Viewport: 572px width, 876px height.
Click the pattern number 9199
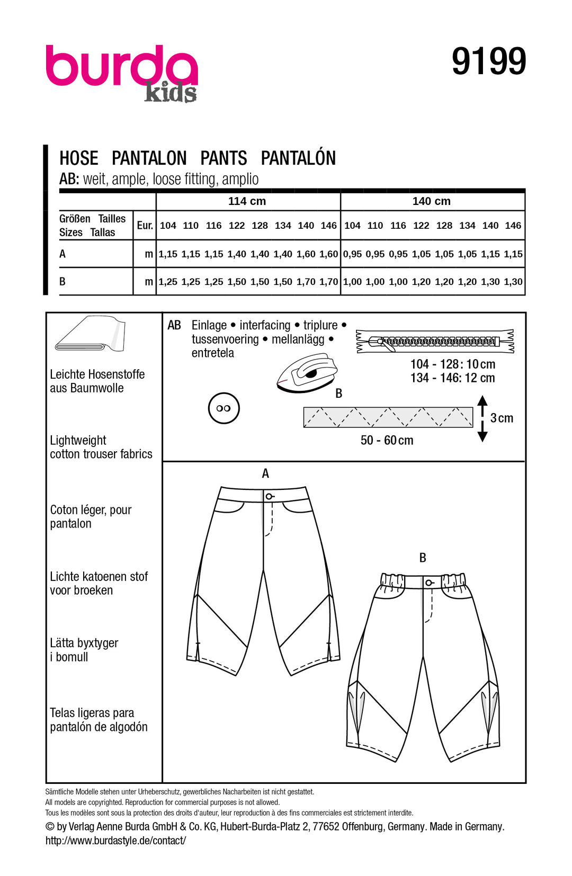coord(488,61)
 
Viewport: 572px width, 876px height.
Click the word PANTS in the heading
coord(224,158)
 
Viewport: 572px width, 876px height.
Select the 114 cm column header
coord(247,201)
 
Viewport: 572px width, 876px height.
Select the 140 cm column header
coord(431,201)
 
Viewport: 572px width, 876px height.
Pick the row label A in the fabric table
coord(62,254)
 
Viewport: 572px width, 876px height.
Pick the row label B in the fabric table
coord(62,282)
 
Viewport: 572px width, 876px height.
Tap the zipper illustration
coord(434,341)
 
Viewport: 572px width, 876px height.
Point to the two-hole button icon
coord(224,408)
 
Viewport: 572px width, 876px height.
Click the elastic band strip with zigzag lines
coord(388,417)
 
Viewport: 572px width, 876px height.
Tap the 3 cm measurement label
coord(502,418)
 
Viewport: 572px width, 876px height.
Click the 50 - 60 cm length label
coord(387,441)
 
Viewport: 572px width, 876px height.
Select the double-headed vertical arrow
coord(482,418)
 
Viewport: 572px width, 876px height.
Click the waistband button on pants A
coord(269,496)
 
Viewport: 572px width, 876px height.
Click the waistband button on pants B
coord(428,583)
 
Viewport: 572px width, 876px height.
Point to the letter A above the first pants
coord(265,473)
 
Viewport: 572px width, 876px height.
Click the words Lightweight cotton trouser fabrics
coord(101,448)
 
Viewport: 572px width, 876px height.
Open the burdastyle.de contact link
coord(115,841)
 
